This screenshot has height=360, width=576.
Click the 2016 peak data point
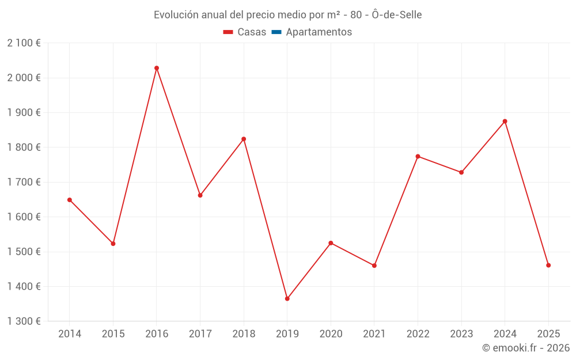click(157, 68)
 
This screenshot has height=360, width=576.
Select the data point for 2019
click(287, 298)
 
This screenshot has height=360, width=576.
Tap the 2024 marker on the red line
click(505, 121)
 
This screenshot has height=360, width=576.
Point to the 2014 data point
click(70, 200)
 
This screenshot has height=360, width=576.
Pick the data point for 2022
click(418, 156)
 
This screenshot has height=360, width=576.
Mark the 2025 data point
click(548, 266)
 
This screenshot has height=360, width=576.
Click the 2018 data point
click(244, 139)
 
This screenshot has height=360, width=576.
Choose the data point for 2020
click(331, 243)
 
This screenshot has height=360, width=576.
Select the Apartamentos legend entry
click(319, 32)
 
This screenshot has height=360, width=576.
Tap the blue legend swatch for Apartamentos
click(276, 32)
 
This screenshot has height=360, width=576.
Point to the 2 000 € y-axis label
click(24, 78)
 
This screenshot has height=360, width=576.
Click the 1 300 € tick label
click(24, 321)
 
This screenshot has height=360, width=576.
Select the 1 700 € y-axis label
click(24, 182)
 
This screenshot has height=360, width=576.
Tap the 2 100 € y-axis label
click(24, 43)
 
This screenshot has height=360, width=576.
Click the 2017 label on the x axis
click(200, 334)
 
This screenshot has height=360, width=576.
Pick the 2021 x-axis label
click(374, 334)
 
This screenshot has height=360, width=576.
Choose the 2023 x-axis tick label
click(461, 334)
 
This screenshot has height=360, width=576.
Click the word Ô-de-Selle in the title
click(397, 15)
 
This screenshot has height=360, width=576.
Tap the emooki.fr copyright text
click(525, 348)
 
